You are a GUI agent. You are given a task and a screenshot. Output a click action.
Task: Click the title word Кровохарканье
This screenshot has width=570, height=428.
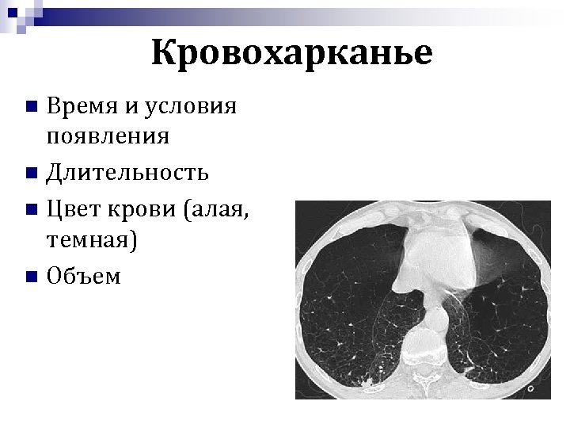(291, 53)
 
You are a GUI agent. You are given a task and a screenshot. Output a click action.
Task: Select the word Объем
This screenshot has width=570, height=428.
(84, 275)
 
